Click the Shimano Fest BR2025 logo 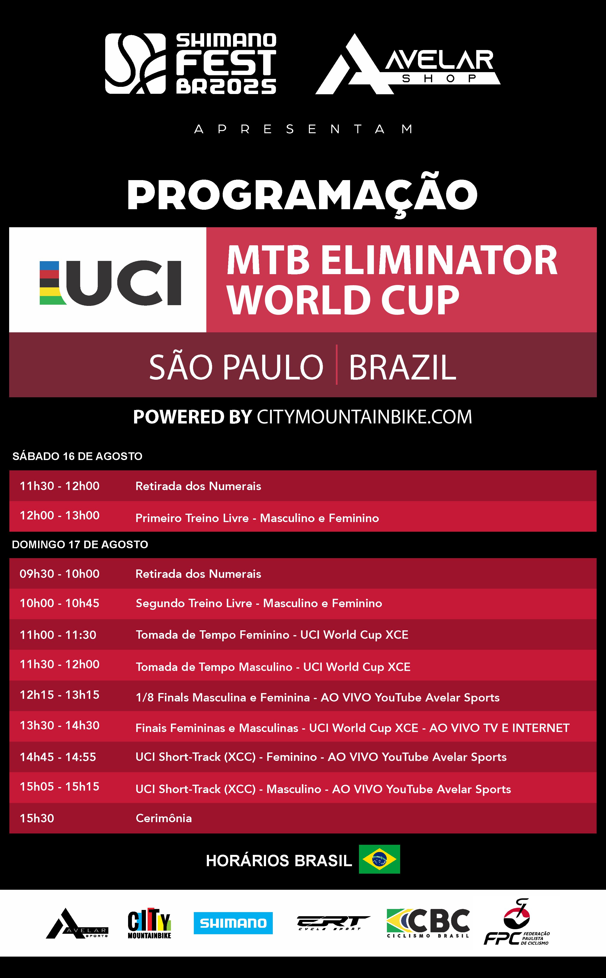click(x=191, y=64)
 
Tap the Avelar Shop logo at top click(x=408, y=64)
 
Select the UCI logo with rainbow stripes click(x=110, y=283)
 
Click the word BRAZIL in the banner click(x=402, y=367)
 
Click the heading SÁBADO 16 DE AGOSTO click(x=77, y=456)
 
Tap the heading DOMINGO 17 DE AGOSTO click(x=80, y=544)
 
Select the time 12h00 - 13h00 click(x=60, y=515)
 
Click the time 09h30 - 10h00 click(x=60, y=574)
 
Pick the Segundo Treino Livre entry click(x=259, y=603)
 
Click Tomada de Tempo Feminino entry click(x=272, y=635)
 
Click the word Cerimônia click(x=164, y=818)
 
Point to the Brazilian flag click(x=379, y=859)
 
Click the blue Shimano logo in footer click(x=233, y=923)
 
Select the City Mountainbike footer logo click(x=150, y=923)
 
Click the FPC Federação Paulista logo click(x=517, y=922)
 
